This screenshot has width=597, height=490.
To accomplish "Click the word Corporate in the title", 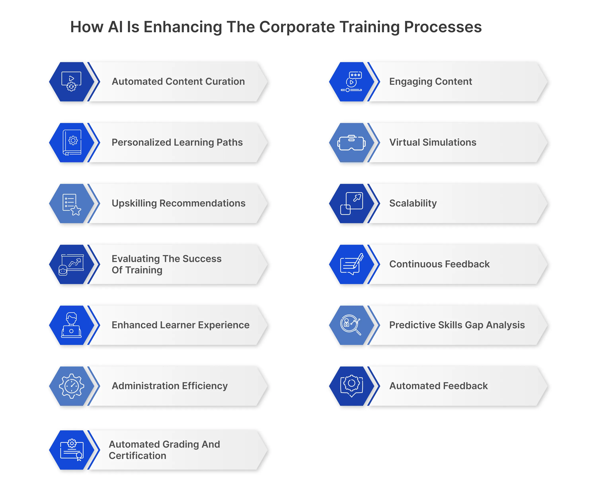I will pyautogui.click(x=297, y=27).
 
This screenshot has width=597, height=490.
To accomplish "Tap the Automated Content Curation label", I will pyautogui.click(x=178, y=82).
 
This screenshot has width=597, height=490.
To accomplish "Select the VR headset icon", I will pyautogui.click(x=351, y=143).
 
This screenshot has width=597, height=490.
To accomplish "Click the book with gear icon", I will pyautogui.click(x=72, y=142).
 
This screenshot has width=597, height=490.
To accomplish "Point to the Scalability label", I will pyautogui.click(x=413, y=203).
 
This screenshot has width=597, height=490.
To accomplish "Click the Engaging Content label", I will pyautogui.click(x=430, y=82).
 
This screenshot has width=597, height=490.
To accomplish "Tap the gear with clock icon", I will pyautogui.click(x=72, y=386).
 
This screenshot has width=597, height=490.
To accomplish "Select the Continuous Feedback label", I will pyautogui.click(x=439, y=264).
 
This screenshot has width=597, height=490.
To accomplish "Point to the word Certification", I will pyautogui.click(x=138, y=456).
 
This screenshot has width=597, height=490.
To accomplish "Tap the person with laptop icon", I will pyautogui.click(x=71, y=325).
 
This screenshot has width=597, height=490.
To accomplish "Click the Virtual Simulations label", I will pyautogui.click(x=432, y=142).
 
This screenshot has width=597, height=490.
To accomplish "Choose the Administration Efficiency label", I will pyautogui.click(x=169, y=386).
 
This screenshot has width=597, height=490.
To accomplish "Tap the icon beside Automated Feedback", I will pyautogui.click(x=351, y=386).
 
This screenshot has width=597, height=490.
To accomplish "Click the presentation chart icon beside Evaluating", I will pyautogui.click(x=71, y=264).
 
